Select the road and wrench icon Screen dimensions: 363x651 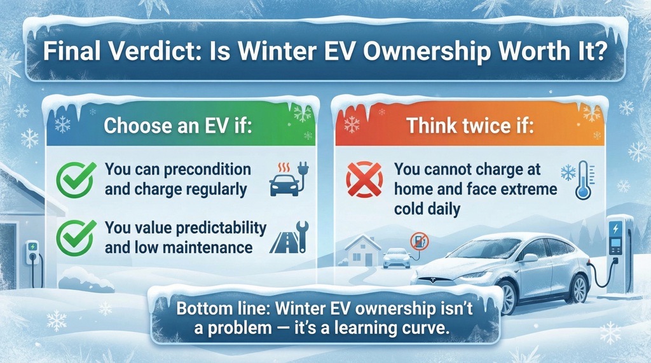click(289, 239)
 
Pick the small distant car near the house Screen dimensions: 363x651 click(396, 257)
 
